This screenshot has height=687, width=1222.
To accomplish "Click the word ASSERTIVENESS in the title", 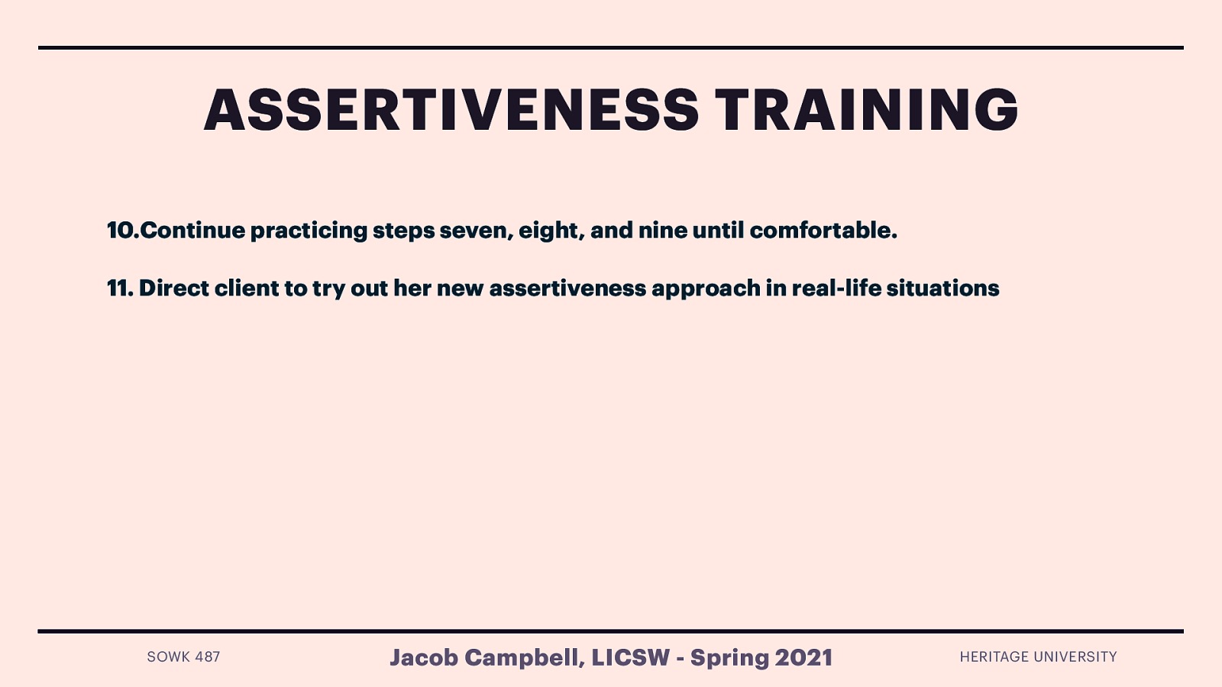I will point(451,110).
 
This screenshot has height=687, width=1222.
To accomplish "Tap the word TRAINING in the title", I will point(866,110).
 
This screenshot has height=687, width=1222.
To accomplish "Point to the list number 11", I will point(119,288).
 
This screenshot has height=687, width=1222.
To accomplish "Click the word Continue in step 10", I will point(192,230).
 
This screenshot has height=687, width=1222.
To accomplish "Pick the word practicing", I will point(309,230).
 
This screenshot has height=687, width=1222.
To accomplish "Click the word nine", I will point(662,230).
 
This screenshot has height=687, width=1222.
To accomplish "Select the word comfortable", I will point(823,230).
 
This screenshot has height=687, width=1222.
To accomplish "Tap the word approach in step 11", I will point(706,288).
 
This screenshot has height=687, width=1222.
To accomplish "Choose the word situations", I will point(942,288).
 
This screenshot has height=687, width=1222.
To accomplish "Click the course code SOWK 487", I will point(183,656).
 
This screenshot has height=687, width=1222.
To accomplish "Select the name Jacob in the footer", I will point(423,657).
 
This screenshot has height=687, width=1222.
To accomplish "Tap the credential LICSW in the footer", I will point(630,657).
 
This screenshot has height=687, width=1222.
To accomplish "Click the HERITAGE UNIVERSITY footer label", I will point(1038,656).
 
